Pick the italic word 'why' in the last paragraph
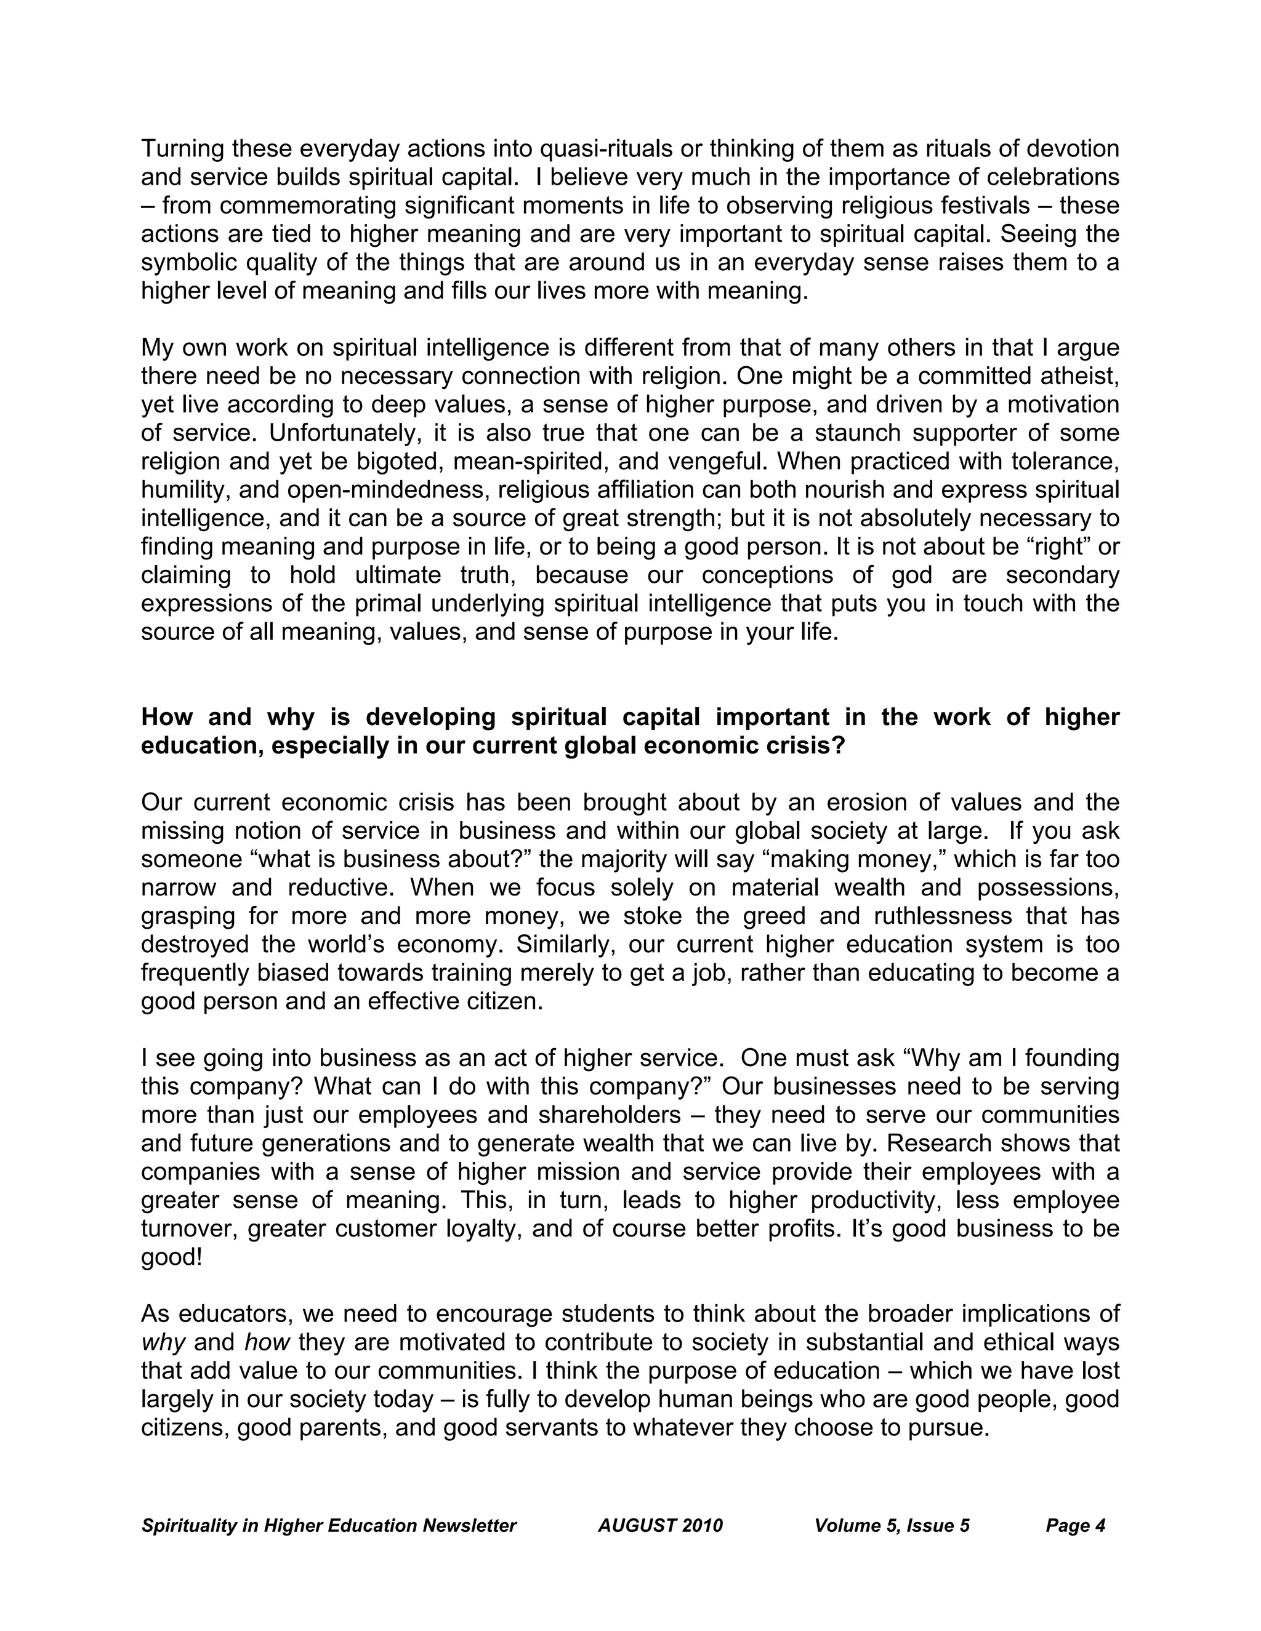pyautogui.click(x=163, y=1342)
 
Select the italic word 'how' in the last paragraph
pyautogui.click(x=266, y=1342)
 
